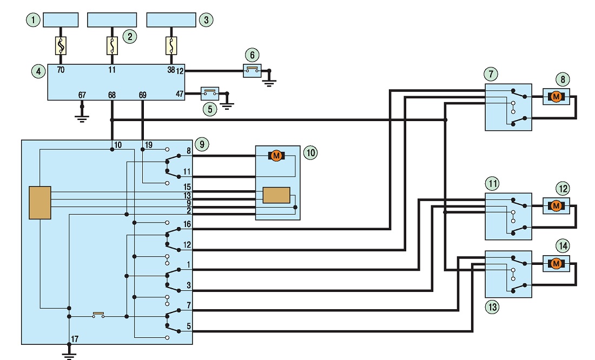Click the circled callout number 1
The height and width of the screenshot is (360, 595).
[34, 19]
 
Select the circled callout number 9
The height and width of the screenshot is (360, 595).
[202, 144]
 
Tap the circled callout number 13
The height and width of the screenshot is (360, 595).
[493, 306]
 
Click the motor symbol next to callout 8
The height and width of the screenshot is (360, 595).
[556, 97]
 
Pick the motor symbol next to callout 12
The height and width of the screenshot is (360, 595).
[556, 206]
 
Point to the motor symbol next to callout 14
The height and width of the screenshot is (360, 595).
[556, 264]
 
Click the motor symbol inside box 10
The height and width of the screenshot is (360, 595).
[276, 156]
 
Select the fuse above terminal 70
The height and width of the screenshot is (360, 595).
[61, 45]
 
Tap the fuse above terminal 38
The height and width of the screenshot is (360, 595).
[171, 45]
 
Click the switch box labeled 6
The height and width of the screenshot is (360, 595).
[253, 71]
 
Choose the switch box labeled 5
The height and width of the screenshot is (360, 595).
[210, 93]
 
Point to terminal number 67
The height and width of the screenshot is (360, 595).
[82, 95]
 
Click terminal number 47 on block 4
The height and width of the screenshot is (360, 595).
[180, 94]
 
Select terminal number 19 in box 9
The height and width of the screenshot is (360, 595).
[148, 145]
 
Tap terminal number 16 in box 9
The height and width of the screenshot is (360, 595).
[187, 224]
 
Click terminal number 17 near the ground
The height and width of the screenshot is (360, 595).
[75, 339]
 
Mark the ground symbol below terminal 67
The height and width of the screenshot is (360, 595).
[82, 118]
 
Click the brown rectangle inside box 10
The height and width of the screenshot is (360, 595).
[276, 195]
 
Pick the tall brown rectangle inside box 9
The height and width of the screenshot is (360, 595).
[40, 203]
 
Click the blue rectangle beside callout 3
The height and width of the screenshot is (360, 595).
[171, 19]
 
